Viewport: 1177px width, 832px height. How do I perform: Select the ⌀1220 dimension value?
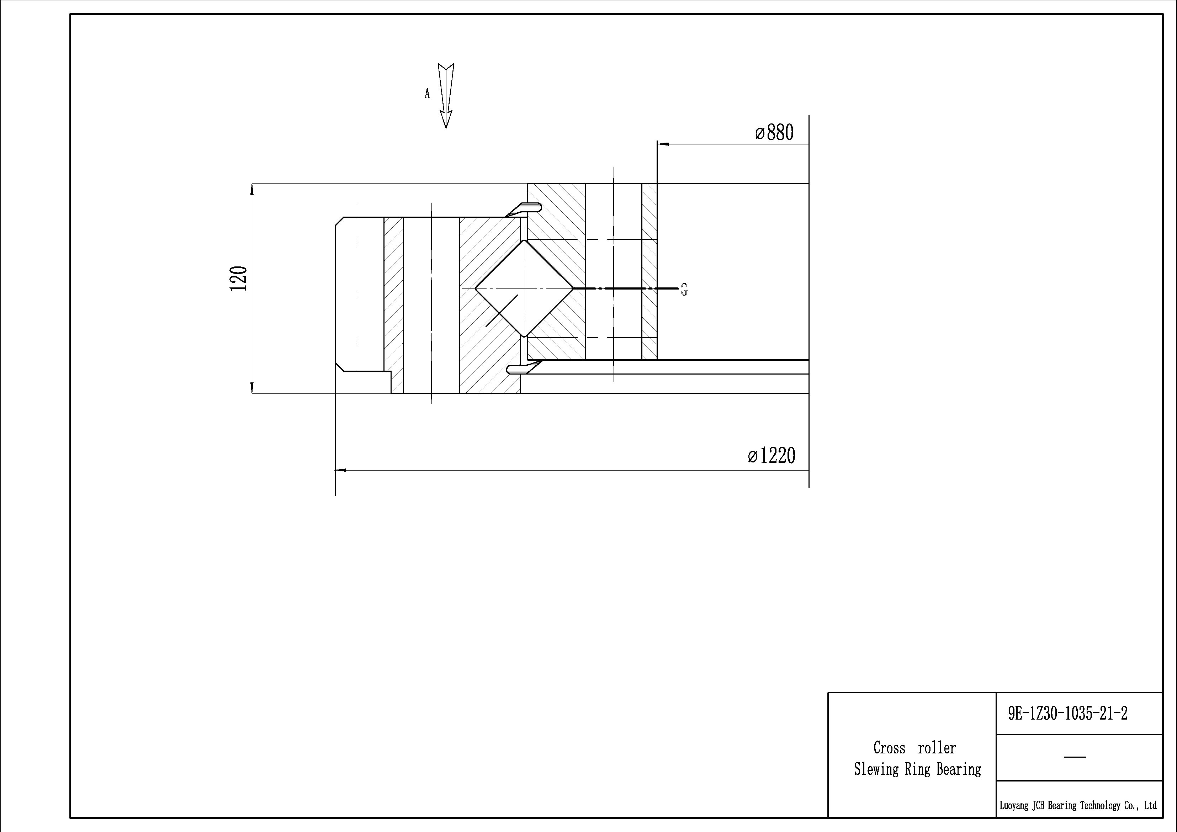tap(772, 455)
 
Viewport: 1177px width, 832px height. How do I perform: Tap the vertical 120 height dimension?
tap(239, 279)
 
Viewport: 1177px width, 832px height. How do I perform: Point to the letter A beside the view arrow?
tap(427, 94)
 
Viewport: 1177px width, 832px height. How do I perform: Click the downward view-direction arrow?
tap(446, 96)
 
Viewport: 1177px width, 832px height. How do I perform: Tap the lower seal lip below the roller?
tap(524, 367)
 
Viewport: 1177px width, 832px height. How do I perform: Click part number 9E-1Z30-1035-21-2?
tap(1068, 714)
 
